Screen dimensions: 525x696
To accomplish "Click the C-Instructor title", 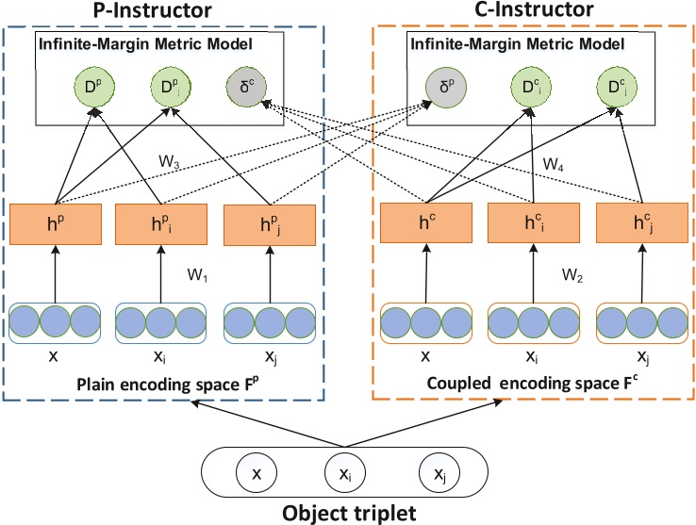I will [533, 10].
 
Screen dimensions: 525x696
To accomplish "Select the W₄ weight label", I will [555, 164].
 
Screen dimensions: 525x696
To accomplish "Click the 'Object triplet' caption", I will [347, 513].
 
